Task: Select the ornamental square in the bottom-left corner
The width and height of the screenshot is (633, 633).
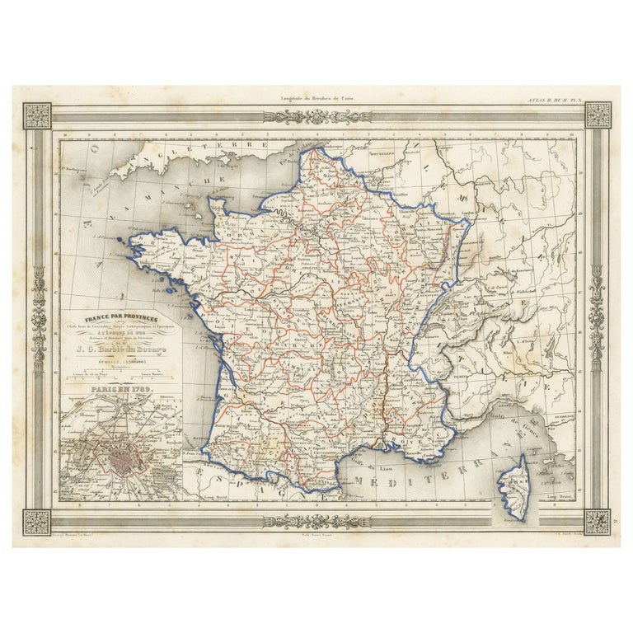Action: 37,521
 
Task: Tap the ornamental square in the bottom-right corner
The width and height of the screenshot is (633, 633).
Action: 598,521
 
